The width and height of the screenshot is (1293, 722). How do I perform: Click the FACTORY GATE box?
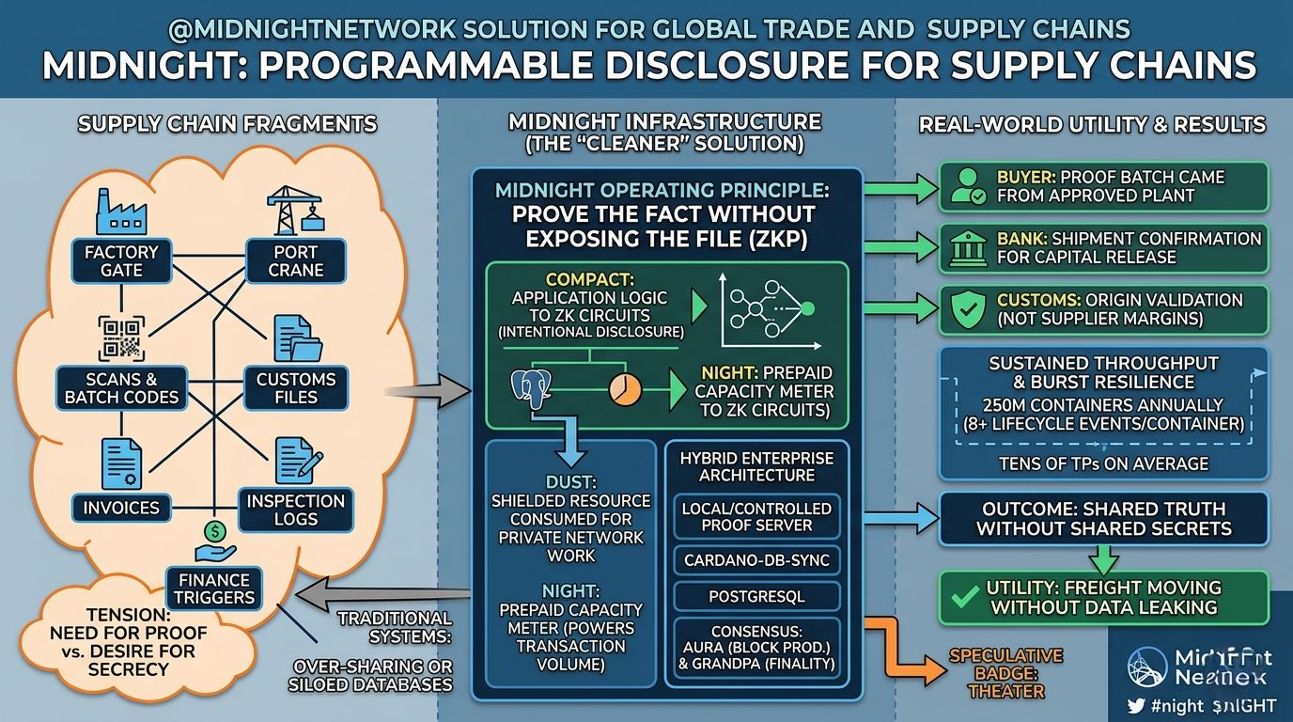click(x=121, y=260)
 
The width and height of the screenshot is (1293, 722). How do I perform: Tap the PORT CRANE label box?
click(x=295, y=260)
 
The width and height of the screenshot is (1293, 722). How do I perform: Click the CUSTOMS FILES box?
click(x=296, y=388)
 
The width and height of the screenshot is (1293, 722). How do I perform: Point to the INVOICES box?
click(x=122, y=508)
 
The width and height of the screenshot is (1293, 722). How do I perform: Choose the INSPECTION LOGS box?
click(x=295, y=510)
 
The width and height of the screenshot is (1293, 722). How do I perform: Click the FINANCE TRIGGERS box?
click(x=213, y=589)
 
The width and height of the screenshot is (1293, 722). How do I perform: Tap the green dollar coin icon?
click(x=215, y=532)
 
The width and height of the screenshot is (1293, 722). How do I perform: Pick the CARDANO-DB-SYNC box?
click(x=756, y=561)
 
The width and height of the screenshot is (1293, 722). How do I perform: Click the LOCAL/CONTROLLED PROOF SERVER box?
click(x=756, y=516)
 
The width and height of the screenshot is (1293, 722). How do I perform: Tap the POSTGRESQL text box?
click(x=756, y=596)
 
